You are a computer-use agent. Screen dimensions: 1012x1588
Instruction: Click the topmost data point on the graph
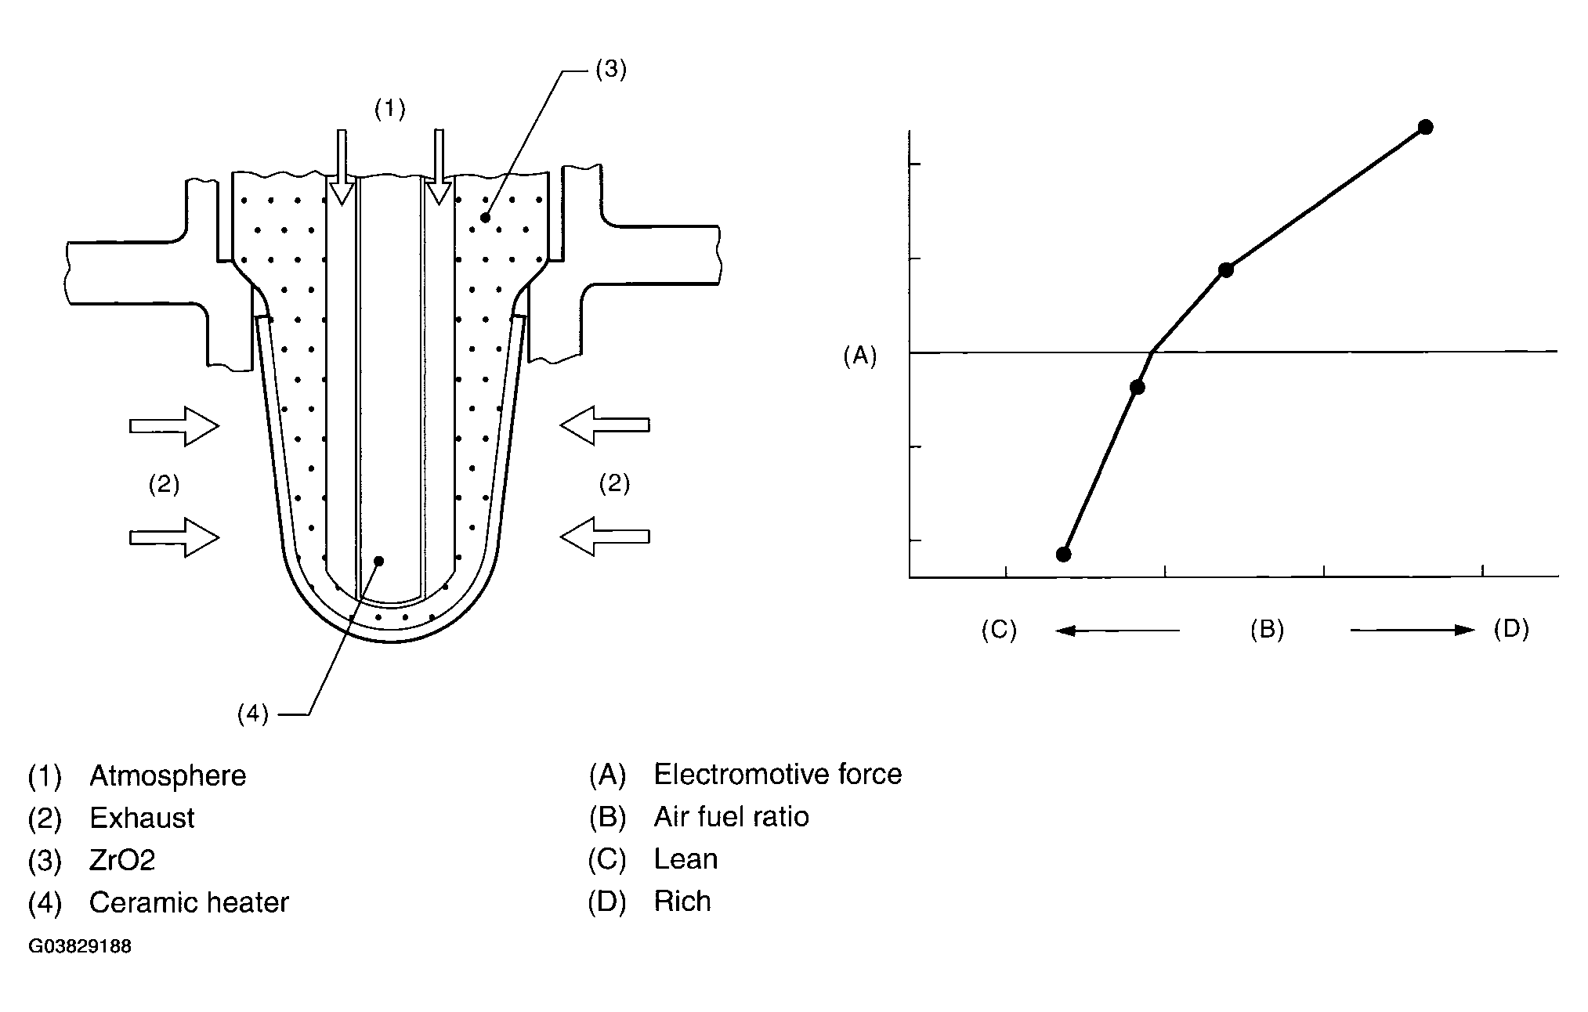pos(1425,127)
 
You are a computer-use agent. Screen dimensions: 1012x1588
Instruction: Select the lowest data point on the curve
pos(1063,555)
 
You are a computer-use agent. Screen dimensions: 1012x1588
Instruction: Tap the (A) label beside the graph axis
pos(859,356)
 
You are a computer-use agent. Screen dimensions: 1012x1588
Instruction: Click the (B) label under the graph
pos(1266,630)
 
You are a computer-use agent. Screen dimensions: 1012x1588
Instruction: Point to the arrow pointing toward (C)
pos(1116,630)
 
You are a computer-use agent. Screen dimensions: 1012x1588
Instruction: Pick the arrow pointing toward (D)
pos(1413,630)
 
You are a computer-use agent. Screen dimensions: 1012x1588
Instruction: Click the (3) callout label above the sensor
pos(610,70)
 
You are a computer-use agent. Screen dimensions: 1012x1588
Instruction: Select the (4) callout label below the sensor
pos(253,714)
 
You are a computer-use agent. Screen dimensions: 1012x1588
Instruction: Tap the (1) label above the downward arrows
pos(389,109)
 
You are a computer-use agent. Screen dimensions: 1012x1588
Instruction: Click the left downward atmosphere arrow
pos(341,166)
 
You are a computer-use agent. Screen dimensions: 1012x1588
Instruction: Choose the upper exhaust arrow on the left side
pos(174,426)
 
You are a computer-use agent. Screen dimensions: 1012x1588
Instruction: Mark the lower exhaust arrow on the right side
pos(605,536)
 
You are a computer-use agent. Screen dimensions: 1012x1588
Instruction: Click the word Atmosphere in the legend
pos(168,776)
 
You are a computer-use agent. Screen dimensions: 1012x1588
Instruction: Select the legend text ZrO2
pos(122,861)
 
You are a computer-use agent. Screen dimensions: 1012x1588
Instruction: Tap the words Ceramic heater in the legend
pos(189,903)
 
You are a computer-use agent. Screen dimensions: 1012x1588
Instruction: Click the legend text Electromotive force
pos(777,775)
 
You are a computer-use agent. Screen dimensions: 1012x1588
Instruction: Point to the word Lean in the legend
pos(685,859)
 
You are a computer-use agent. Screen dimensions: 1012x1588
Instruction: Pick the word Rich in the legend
pos(682,902)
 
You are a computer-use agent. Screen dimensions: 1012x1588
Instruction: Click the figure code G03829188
pos(80,946)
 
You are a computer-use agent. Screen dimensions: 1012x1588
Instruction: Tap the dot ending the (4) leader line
pos(379,561)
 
